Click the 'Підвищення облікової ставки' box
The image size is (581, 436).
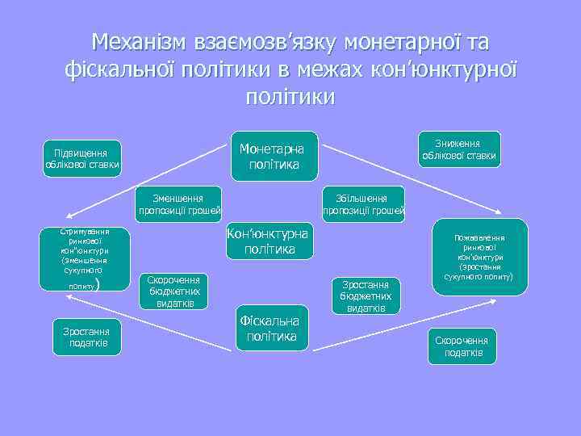click(x=82, y=159)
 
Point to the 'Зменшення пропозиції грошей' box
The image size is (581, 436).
click(x=180, y=205)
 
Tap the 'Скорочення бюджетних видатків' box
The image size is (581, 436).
click(x=174, y=291)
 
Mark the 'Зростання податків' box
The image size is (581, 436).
click(x=86, y=337)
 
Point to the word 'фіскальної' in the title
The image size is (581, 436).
click(x=128, y=69)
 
